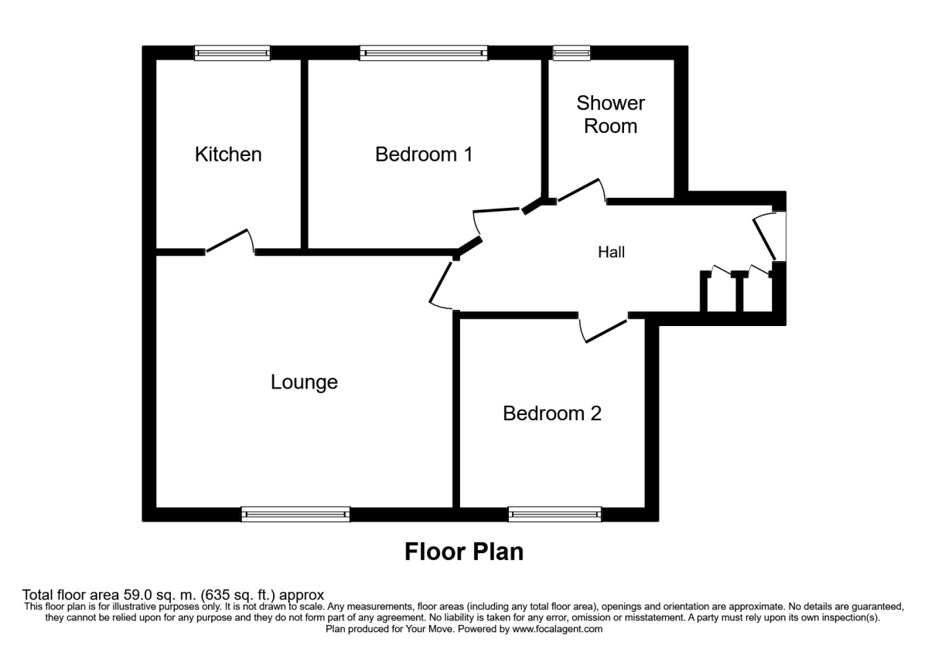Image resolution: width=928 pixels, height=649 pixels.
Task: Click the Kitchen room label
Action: point(228,155)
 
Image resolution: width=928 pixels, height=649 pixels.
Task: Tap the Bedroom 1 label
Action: point(423,155)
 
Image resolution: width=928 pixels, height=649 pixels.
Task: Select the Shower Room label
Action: point(610,114)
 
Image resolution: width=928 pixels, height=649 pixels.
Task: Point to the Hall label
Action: point(611,252)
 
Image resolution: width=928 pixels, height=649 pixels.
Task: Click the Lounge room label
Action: point(304,382)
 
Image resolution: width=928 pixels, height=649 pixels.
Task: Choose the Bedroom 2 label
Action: point(551,413)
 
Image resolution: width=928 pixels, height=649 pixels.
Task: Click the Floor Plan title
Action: point(464,552)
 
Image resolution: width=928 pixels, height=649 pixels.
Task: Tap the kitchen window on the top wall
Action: point(231,53)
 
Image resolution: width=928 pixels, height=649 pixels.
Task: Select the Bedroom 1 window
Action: point(423,53)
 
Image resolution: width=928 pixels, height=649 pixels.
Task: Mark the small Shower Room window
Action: point(571,53)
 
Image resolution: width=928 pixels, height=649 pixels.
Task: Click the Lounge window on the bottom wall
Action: point(295,514)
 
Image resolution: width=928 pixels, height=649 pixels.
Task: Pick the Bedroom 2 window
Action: point(554,514)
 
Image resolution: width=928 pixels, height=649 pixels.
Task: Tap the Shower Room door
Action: point(580,191)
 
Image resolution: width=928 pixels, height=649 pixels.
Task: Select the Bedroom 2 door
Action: point(606,329)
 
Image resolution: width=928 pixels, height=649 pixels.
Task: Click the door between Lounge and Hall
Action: point(442,284)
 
